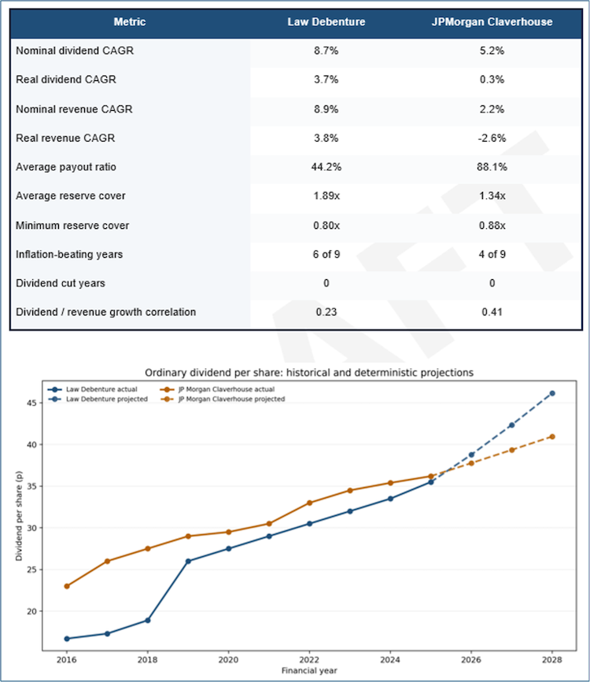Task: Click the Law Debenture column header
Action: coord(326,22)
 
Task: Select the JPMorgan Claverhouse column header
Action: coord(492,22)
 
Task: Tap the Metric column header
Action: coord(130,22)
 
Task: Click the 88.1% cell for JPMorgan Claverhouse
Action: coord(492,167)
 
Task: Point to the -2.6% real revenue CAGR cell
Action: coord(492,138)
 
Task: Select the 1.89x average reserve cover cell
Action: coord(326,196)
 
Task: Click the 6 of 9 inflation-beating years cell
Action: coord(326,254)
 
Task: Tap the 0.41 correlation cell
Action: coord(492,312)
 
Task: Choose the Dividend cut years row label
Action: coord(61,283)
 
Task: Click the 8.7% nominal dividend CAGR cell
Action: coord(326,50)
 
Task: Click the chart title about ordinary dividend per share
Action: coord(309,372)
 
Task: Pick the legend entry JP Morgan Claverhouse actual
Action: coord(222,389)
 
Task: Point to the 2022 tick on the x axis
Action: coord(309,659)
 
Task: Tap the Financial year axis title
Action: coord(309,670)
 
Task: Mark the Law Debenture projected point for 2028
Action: coord(551,393)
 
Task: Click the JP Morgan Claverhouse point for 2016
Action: coord(67,586)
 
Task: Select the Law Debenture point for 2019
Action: coord(188,561)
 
